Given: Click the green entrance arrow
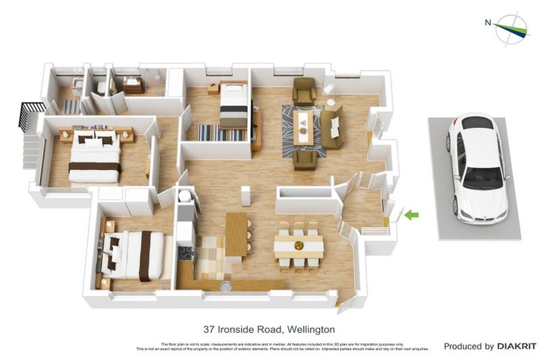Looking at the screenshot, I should click(411, 214).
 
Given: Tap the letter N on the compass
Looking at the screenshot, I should click(488, 22).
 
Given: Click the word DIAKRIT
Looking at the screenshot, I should click(517, 347).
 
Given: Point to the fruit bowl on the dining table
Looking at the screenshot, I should click(300, 245).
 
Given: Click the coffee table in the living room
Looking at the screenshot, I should click(304, 127).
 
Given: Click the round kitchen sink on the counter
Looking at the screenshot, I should click(226, 286).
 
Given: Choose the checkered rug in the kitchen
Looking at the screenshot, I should click(210, 256).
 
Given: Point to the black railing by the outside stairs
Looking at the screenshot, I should click(30, 115).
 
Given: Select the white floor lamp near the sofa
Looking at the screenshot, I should click(329, 89).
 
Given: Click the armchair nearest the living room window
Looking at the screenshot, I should click(304, 91).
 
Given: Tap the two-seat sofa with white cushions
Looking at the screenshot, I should click(332, 127).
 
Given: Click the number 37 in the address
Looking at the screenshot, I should click(209, 329).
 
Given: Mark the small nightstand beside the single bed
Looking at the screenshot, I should click(213, 89).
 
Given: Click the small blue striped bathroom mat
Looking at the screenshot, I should click(72, 106).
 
